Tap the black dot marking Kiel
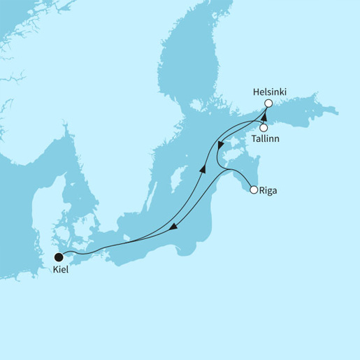point(59,257)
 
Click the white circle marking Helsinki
point(268,103)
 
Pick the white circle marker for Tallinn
point(264,128)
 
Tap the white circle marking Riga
point(253,189)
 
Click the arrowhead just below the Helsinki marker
point(264,113)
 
